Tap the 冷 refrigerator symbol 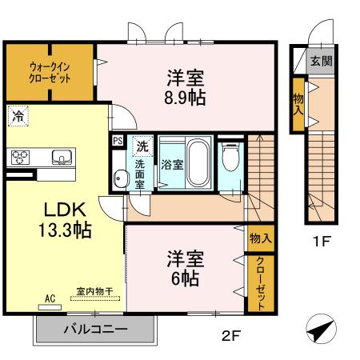pos(17,115)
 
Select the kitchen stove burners pos(19,157)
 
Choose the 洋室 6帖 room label pos(185,270)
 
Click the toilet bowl pos(230,158)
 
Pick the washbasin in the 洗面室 pos(121,178)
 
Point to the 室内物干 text pos(94,291)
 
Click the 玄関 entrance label pos(321,61)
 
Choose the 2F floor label pos(230,336)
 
